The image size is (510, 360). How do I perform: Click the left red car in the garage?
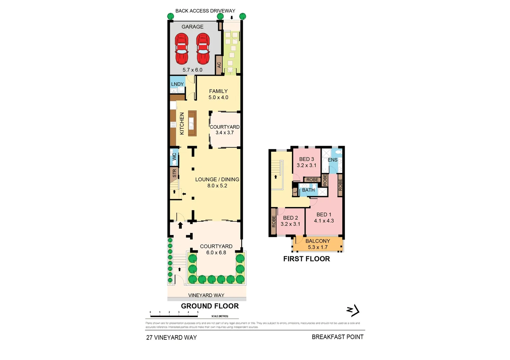click(x=181, y=48)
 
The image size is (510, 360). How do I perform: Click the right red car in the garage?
click(x=203, y=48)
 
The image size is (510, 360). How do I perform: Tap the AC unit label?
click(x=219, y=65)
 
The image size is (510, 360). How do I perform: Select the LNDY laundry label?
click(x=177, y=84)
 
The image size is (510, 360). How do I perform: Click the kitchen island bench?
click(x=192, y=123)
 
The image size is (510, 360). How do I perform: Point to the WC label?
click(x=174, y=157)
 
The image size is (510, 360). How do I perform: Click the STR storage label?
click(x=174, y=173)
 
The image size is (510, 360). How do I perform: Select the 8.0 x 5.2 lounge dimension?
click(x=217, y=186)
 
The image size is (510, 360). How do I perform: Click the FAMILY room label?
click(x=218, y=91)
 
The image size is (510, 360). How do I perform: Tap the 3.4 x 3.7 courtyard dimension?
click(x=224, y=133)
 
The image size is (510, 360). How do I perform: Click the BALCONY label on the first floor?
click(x=318, y=241)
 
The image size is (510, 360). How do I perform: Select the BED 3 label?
click(x=307, y=159)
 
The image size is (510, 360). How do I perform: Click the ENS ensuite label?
click(x=333, y=160)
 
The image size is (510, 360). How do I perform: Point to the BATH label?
click(x=308, y=190)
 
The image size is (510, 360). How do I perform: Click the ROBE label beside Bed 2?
click(x=274, y=221)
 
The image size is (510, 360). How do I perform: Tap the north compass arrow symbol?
click(x=353, y=311)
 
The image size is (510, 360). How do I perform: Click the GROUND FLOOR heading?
click(x=210, y=306)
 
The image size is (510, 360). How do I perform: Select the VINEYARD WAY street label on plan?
click(x=206, y=295)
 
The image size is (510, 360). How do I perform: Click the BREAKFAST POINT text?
click(x=338, y=337)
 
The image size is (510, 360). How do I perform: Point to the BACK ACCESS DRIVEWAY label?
click(x=205, y=11)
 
